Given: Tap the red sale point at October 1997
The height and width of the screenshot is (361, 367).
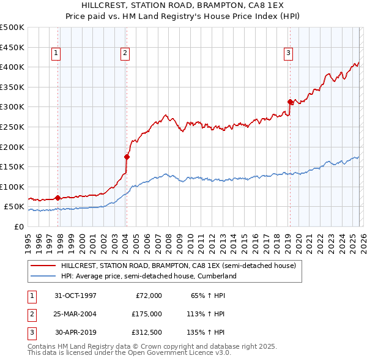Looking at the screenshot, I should pos(57,198).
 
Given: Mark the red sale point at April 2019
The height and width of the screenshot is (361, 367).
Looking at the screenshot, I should pos(290,102).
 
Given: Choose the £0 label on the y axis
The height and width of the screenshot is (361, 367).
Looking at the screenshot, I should pos(20,226).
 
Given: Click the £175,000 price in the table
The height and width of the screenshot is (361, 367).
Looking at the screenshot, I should pos(147,314).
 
